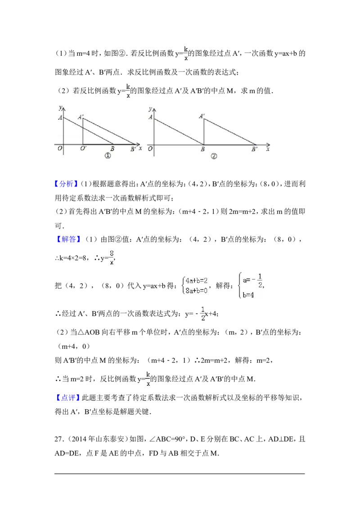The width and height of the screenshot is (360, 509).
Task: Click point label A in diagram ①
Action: click(60, 118)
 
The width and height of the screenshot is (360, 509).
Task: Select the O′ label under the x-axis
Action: click(84, 149)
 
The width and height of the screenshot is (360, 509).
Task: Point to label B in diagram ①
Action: click(112, 149)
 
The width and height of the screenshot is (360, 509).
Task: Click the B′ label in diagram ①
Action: click(133, 149)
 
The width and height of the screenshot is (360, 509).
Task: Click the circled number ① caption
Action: click(108, 156)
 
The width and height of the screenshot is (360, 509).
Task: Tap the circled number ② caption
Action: click(214, 156)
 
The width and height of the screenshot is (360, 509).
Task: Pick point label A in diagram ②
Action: click(150, 118)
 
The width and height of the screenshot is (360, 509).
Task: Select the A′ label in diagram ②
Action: click(202, 116)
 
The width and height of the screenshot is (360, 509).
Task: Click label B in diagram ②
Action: click(203, 149)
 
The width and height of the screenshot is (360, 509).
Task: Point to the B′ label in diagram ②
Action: click(254, 149)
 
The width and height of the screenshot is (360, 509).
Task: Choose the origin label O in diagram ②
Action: click(150, 149)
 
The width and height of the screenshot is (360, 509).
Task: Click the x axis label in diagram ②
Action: click(268, 149)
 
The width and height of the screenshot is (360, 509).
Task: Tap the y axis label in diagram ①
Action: click(59, 107)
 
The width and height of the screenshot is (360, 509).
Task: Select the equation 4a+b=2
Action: click(197, 280)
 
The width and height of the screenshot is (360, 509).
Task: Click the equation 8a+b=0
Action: click(197, 290)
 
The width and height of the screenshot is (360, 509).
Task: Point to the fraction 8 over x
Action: click(112, 257)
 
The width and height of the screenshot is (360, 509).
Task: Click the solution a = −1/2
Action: click(252, 281)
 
